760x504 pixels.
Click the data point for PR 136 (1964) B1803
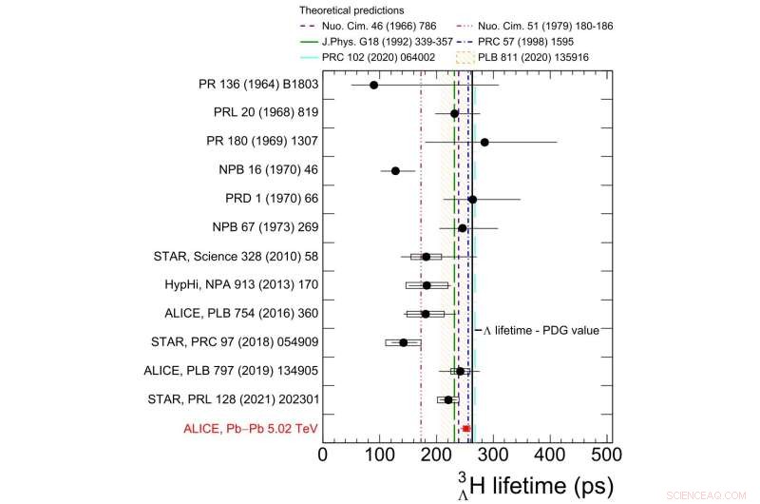point(373,85)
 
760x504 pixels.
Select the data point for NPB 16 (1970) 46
point(395,171)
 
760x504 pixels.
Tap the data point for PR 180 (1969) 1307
point(484,142)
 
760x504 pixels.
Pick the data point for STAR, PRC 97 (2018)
point(403,342)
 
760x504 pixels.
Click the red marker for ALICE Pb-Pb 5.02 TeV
point(466,428)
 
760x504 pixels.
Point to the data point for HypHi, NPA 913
point(427,285)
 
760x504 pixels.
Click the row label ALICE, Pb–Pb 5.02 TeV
point(251,428)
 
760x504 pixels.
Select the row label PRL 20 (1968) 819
point(266,113)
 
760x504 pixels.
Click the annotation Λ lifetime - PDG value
point(541,330)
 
